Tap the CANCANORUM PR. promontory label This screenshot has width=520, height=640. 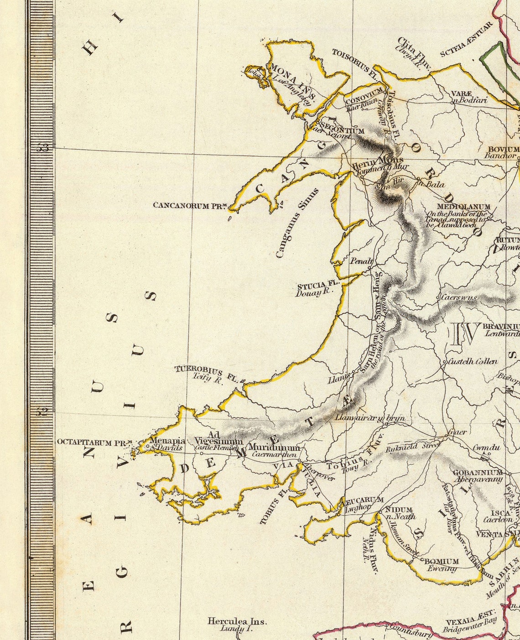190,205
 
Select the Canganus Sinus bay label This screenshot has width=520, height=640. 296,223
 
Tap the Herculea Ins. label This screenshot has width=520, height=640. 237,621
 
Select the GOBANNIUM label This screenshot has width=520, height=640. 477,473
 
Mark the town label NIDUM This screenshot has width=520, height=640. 399,510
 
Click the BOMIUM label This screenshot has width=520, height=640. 441,561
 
